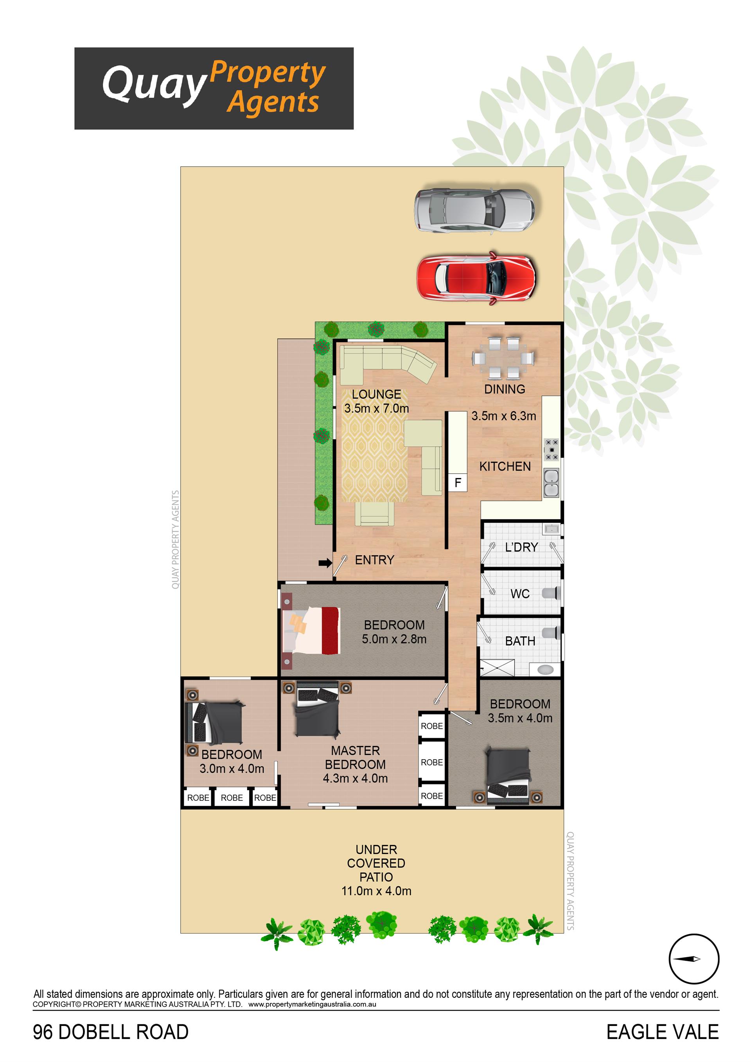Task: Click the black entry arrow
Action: (325, 563)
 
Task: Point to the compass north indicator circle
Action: (694, 959)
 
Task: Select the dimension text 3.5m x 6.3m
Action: (503, 416)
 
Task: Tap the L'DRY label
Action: (521, 547)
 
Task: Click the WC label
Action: (520, 594)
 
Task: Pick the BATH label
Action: (520, 641)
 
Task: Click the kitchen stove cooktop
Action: (552, 449)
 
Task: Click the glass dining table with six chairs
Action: (503, 358)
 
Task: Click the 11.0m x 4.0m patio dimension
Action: (376, 891)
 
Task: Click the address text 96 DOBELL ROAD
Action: (111, 1032)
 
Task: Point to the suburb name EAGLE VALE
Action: (662, 1032)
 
